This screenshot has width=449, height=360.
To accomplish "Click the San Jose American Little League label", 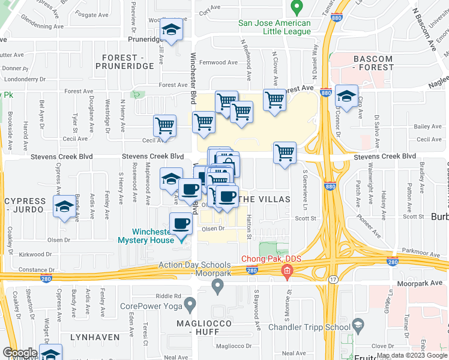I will [274, 28].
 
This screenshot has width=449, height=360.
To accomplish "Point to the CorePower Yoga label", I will [151, 305].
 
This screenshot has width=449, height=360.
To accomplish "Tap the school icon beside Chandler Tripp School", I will [358, 326].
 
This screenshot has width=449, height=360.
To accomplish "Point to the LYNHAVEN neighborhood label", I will [91, 337].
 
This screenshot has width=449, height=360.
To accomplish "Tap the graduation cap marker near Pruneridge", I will [172, 31].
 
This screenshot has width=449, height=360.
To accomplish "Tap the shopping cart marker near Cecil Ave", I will [164, 126].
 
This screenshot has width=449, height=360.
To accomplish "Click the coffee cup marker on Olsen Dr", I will [181, 224].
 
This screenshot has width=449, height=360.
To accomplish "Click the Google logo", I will [20, 353].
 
